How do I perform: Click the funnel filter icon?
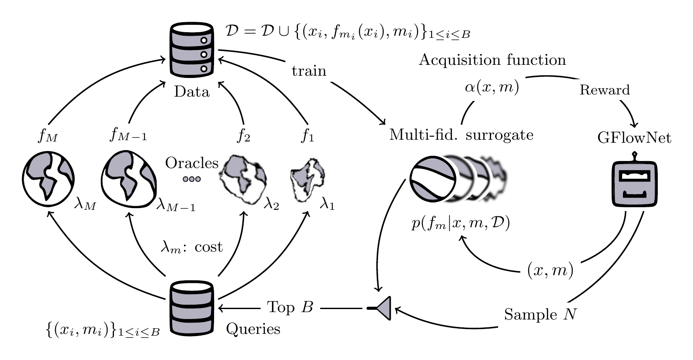(381, 308)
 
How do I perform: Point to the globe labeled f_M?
(48, 178)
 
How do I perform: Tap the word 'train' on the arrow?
(309, 71)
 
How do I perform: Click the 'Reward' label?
(605, 90)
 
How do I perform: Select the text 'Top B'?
(290, 307)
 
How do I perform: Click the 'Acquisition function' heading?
(492, 60)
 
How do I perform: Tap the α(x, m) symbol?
(492, 87)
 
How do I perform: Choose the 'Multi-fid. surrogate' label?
(461, 135)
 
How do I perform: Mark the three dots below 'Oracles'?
(191, 179)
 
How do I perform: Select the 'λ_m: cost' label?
(192, 247)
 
